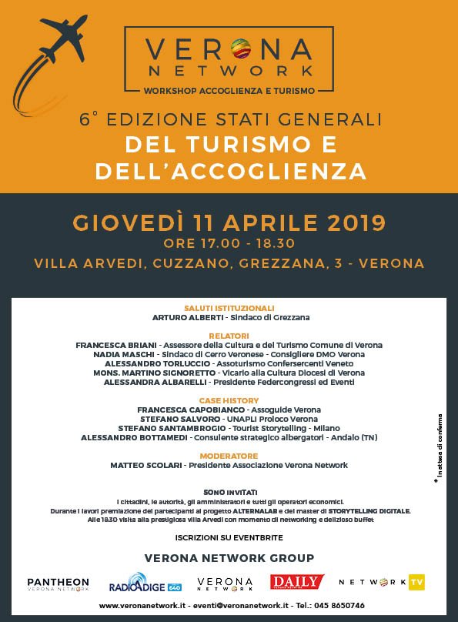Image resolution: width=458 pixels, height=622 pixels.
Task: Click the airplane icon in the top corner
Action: (x=62, y=38)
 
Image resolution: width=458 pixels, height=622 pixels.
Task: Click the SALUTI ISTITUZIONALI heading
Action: (x=229, y=308)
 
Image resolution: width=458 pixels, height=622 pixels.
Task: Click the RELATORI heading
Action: (x=229, y=336)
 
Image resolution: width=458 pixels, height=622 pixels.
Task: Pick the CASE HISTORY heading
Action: (x=229, y=400)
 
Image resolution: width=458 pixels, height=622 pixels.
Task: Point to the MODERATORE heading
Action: (x=229, y=456)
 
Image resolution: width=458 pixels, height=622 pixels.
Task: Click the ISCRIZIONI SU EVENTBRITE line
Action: (x=229, y=536)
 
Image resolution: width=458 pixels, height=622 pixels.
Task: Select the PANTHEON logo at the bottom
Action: (x=58, y=584)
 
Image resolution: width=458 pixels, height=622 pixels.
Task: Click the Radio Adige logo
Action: (x=144, y=584)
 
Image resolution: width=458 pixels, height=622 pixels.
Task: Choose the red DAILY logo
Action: (x=296, y=582)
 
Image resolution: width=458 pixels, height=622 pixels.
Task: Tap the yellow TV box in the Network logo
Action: (x=416, y=582)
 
